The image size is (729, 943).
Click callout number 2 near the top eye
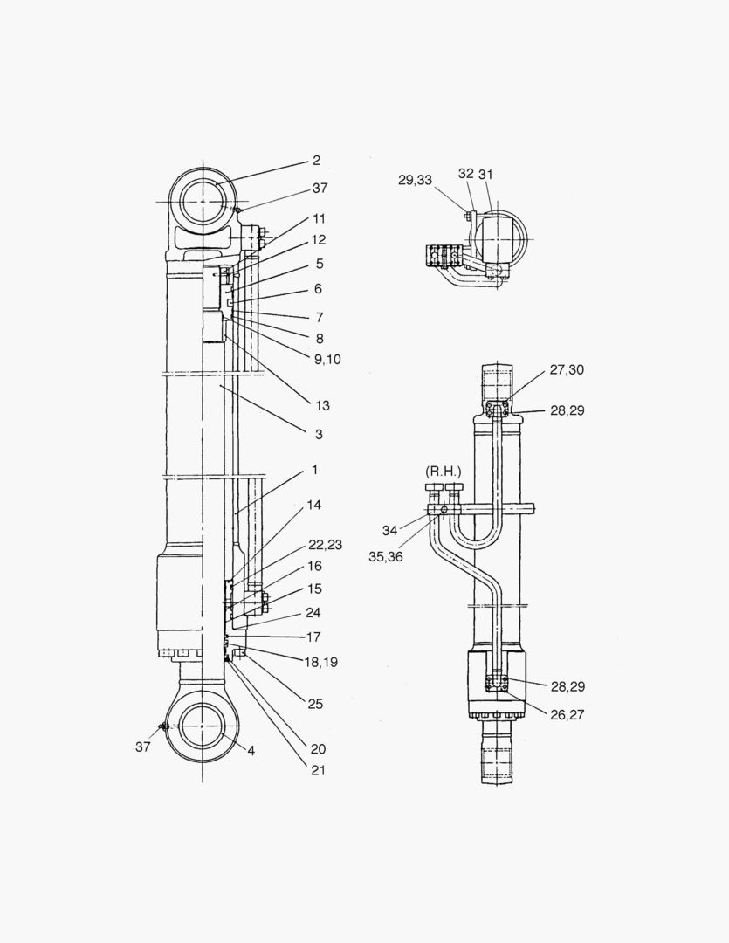coord(316,160)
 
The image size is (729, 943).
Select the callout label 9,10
coord(327,360)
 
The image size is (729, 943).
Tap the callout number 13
coord(322,405)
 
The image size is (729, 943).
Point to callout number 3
coord(319,434)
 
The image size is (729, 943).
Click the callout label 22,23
coord(325,545)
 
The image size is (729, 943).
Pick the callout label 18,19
coord(320,662)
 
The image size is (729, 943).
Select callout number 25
coord(315,704)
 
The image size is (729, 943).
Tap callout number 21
coord(318,770)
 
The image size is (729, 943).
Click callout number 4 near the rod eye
coord(251,751)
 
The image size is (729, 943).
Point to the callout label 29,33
coord(415,180)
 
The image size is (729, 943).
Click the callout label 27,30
coord(567,370)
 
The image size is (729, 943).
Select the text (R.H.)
coord(444,471)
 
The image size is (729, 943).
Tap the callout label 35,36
coord(386,557)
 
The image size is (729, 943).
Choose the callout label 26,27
coord(567,714)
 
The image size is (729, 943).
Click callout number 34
coord(389,531)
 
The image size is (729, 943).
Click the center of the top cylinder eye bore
coord(203,202)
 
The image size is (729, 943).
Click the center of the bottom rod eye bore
coord(203,727)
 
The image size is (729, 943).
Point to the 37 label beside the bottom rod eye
coord(142,747)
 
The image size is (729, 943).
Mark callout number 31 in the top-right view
coord(485,175)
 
